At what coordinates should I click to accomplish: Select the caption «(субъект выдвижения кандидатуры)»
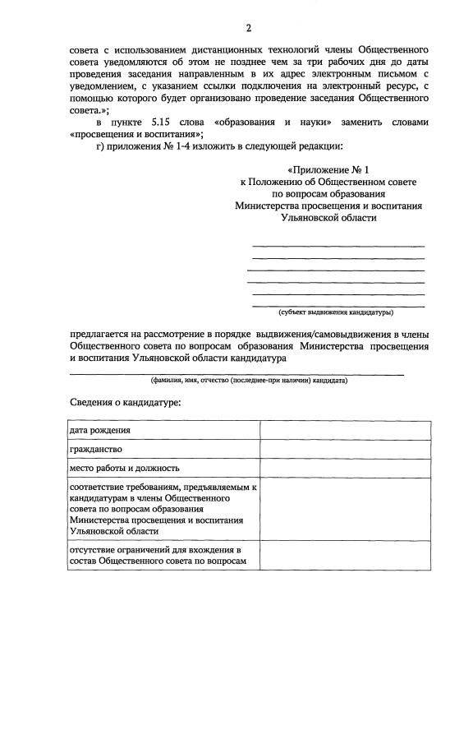pyautogui.click(x=336, y=312)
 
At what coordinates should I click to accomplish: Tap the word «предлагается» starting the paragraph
pyautogui.click(x=103, y=335)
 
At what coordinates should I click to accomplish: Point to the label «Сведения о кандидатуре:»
pyautogui.click(x=124, y=403)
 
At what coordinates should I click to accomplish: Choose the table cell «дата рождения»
pyautogui.click(x=101, y=430)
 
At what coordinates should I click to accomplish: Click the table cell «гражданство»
pyautogui.click(x=97, y=449)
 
